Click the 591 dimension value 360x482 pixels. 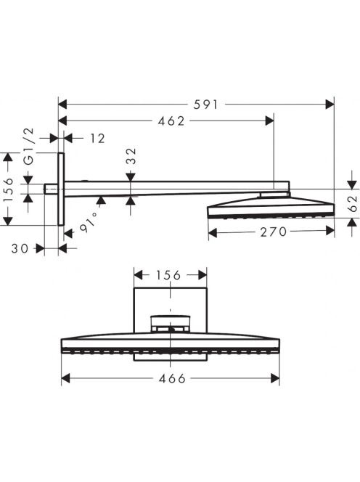tap(205, 105)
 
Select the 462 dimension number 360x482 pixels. tap(171, 121)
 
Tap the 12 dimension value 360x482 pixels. tap(97, 139)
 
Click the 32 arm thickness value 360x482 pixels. tap(131, 156)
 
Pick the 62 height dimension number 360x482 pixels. tap(353, 204)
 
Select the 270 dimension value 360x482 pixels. tap(274, 232)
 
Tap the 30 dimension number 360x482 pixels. tap(20, 248)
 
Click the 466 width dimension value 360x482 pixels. tap(172, 378)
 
